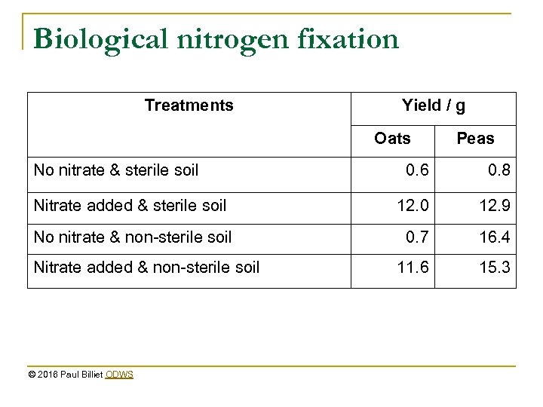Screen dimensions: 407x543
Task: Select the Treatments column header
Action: [189, 106]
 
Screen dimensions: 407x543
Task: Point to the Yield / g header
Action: [434, 106]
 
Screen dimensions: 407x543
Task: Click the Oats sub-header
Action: [393, 138]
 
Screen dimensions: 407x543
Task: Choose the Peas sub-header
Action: [475, 138]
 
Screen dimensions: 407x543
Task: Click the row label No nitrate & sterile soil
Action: [116, 170]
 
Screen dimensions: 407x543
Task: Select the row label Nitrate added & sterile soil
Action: [130, 203]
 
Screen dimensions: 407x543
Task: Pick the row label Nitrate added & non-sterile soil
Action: [146, 268]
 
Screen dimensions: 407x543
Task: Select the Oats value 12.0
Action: [412, 203]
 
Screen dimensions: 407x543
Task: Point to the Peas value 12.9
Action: [494, 203]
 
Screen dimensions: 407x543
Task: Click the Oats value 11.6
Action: [412, 268]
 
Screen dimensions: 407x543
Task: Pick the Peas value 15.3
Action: [494, 268]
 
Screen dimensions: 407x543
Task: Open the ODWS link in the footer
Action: [120, 374]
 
